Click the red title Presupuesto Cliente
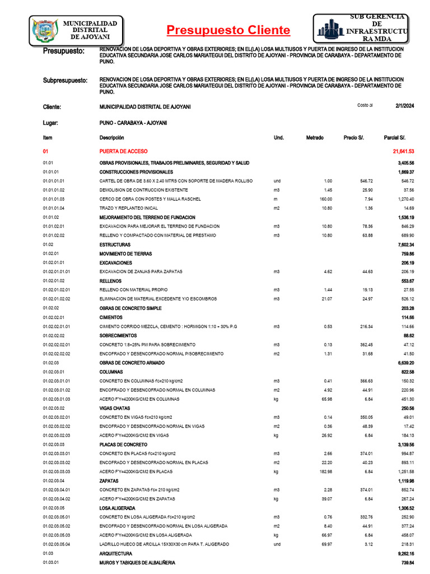pyautogui.click(x=228, y=30)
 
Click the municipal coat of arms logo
pyautogui.click(x=43, y=30)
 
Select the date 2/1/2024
pyautogui.click(x=404, y=105)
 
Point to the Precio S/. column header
pyautogui.click(x=354, y=137)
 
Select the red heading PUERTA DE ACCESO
pyautogui.click(x=123, y=151)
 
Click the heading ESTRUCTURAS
pyautogui.click(x=115, y=245)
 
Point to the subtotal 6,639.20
pyautogui.click(x=402, y=363)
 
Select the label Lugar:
pyautogui.click(x=50, y=122)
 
